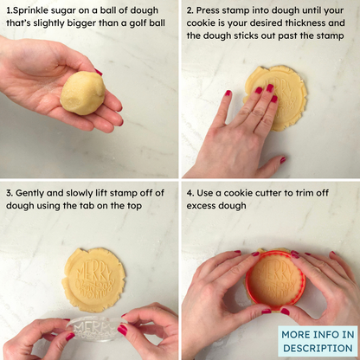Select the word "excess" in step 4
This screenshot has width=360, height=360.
click(201, 206)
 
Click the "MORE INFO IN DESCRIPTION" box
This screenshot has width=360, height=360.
click(318, 341)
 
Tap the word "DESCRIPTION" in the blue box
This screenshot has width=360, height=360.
click(318, 348)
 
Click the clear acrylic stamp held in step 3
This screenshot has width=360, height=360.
click(93, 329)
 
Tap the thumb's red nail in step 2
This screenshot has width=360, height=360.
click(283, 160)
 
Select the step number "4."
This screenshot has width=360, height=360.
click(190, 193)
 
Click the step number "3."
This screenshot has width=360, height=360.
click(10, 193)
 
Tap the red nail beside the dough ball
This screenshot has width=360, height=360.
click(99, 72)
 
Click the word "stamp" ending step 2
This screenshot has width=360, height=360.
click(331, 36)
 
